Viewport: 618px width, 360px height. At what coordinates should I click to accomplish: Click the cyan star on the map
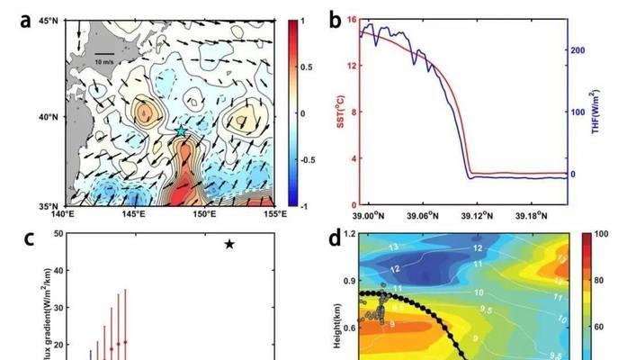(x=181, y=131)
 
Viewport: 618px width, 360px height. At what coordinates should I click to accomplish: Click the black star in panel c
(x=229, y=244)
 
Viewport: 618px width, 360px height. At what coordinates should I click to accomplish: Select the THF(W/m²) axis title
(x=596, y=111)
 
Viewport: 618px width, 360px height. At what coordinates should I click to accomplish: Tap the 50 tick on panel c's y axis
(x=58, y=234)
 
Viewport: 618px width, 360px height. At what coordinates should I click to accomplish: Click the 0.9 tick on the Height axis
(x=347, y=281)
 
